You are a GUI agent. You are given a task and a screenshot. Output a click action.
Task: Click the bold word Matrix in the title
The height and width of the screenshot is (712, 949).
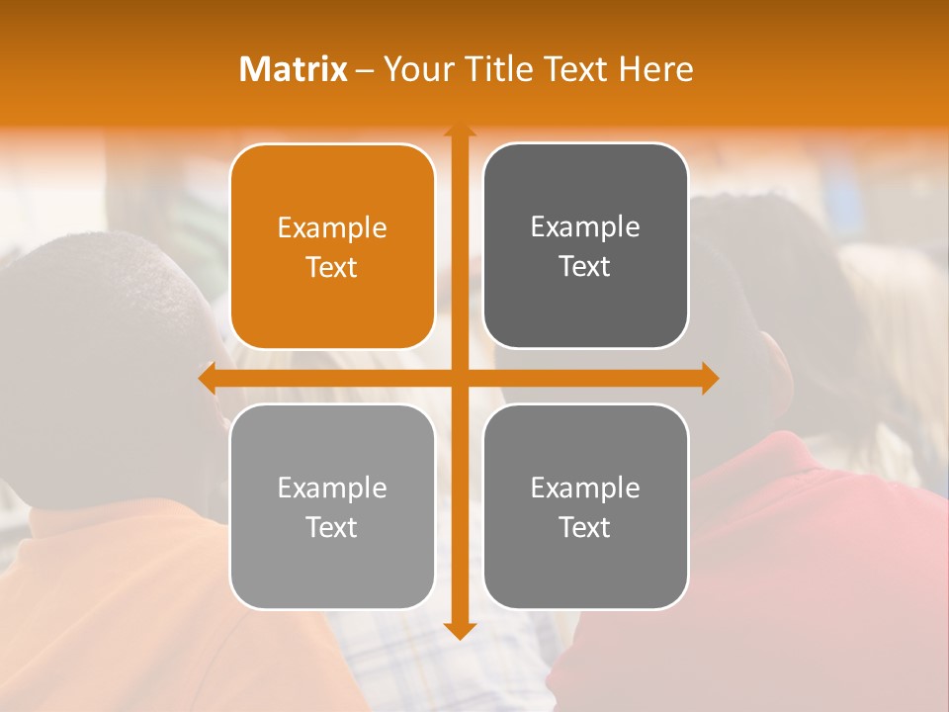[x=294, y=69]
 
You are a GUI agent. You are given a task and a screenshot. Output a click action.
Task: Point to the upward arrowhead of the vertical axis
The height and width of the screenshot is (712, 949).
[x=459, y=133]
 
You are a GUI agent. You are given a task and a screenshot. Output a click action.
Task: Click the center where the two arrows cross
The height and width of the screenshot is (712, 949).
[x=459, y=379]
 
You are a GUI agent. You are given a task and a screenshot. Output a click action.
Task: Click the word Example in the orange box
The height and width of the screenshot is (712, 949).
[x=332, y=228]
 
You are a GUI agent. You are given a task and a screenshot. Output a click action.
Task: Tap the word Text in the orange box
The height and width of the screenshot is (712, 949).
[x=332, y=267]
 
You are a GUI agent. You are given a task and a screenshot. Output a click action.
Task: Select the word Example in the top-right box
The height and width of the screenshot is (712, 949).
[x=585, y=227]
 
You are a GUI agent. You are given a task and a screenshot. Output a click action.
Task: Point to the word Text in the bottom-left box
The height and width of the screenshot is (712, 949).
[x=332, y=527]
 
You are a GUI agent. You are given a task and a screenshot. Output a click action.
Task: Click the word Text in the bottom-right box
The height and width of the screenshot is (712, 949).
[x=585, y=527]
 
